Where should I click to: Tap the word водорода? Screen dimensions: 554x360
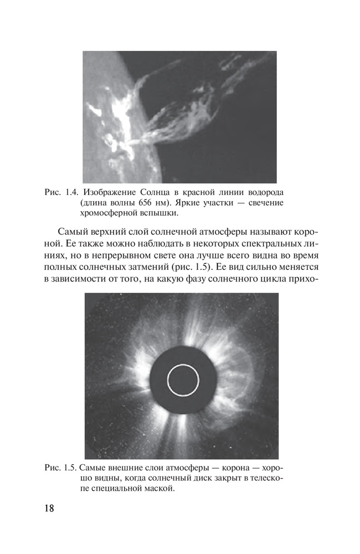coord(264,192)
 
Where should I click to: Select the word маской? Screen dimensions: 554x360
coord(158,489)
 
